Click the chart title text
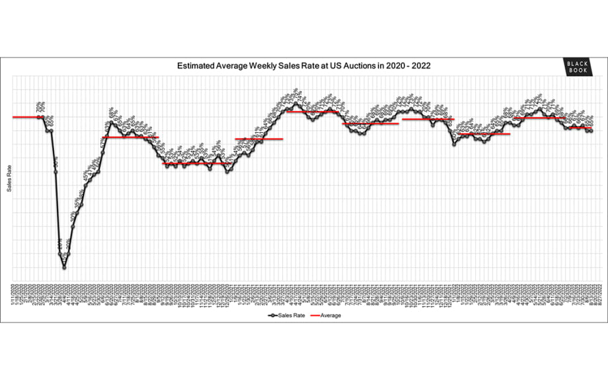tap(304, 67)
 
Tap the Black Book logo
tap(576, 67)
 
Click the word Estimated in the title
tap(195, 67)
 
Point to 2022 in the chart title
tap(420, 67)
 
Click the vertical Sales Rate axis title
tap(9, 179)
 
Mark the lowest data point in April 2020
tap(64, 267)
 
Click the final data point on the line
tap(591, 131)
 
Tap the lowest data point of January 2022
tap(454, 143)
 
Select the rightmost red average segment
tap(578, 128)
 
